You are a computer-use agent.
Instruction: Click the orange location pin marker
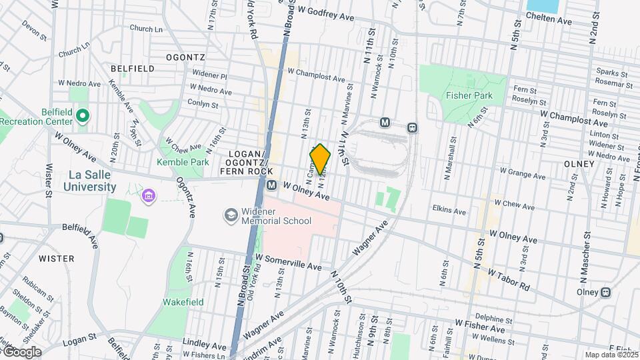point(320,160)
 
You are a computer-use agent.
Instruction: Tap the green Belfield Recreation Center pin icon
point(82,116)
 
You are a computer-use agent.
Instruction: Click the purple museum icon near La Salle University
point(148,197)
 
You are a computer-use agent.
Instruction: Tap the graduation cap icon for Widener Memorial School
point(231,215)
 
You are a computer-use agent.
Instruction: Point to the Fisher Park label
point(471,95)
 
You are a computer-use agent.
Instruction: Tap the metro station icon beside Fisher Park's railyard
point(385,123)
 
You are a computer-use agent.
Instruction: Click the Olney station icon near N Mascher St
point(605,292)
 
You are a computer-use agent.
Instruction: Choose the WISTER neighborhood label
point(56,258)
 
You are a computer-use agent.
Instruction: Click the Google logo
point(21,351)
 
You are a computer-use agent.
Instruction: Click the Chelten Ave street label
point(549,21)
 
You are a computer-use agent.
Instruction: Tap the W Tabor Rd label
point(508,279)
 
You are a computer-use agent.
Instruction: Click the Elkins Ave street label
point(449,211)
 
